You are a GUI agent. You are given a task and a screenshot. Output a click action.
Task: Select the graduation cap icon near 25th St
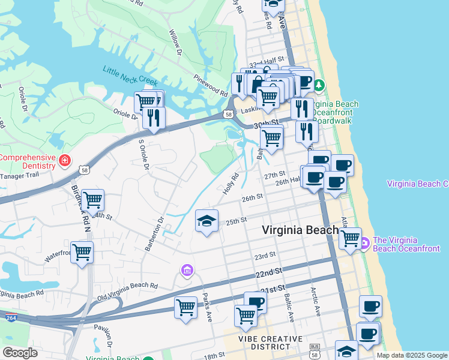(206, 221)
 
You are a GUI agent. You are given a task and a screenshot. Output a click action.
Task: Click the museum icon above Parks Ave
(187, 271)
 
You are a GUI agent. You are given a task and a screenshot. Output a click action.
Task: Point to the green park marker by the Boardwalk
(319, 84)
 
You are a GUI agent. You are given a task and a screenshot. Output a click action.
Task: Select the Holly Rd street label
(231, 184)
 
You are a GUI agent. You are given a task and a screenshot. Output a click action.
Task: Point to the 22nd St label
(268, 272)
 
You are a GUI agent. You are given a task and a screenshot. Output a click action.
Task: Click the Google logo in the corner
(20, 352)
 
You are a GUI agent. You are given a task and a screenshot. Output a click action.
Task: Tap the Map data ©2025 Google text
(412, 355)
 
